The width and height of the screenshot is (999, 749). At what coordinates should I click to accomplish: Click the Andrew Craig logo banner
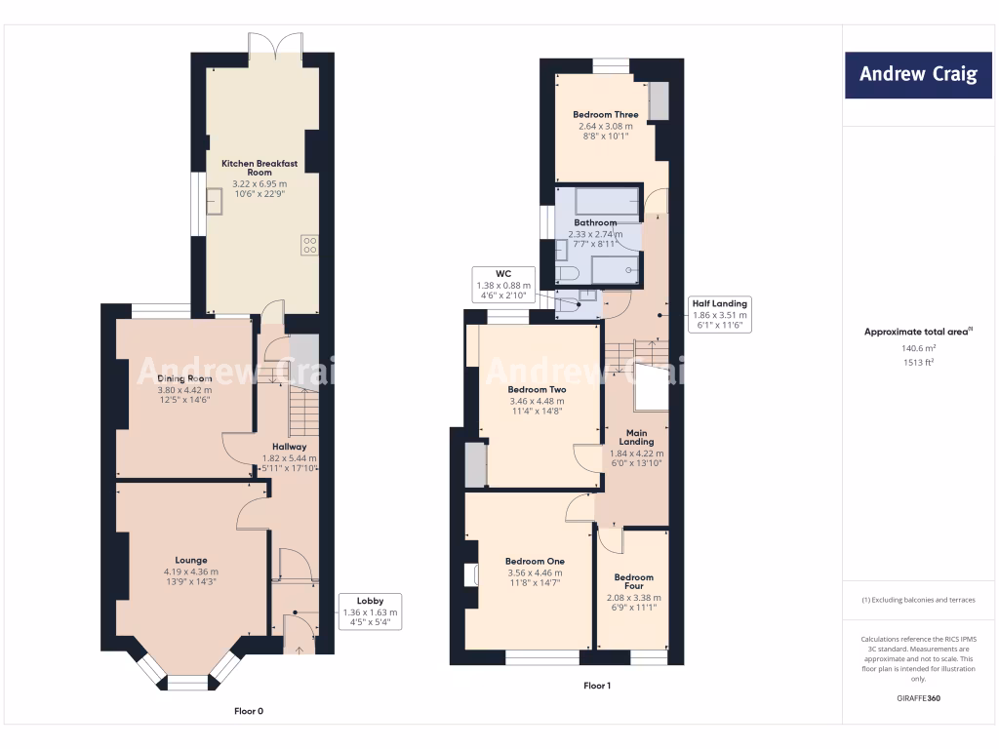[x=917, y=75]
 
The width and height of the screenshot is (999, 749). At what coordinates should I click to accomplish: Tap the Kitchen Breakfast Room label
[x=260, y=168]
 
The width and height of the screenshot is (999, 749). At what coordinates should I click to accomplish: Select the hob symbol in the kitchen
[x=309, y=245]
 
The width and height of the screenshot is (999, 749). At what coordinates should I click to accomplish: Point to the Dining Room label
[x=184, y=378]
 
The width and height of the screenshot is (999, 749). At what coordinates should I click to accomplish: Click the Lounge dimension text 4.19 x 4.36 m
[x=191, y=572]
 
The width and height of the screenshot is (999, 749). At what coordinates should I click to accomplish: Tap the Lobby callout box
[x=370, y=611]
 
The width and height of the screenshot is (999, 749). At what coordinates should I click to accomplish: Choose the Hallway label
[x=289, y=447]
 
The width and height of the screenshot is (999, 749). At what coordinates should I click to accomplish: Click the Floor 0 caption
[x=249, y=711]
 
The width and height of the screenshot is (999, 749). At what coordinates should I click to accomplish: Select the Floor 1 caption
[x=597, y=686]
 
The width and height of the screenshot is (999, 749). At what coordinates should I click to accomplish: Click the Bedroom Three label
[x=605, y=115]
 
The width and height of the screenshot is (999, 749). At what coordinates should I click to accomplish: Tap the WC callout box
[x=503, y=284]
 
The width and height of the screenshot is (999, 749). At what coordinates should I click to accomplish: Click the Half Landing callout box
[x=719, y=314]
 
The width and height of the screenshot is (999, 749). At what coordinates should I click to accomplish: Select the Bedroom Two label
[x=537, y=389]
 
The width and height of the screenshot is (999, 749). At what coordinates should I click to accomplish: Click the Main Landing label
[x=636, y=437]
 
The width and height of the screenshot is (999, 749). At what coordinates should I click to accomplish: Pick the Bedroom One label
[x=535, y=561]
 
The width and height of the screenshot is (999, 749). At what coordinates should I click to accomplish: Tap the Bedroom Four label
[x=633, y=581]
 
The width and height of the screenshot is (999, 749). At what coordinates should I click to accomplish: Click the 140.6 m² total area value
[x=918, y=348]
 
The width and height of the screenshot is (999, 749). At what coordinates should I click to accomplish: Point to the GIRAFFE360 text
[x=918, y=698]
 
